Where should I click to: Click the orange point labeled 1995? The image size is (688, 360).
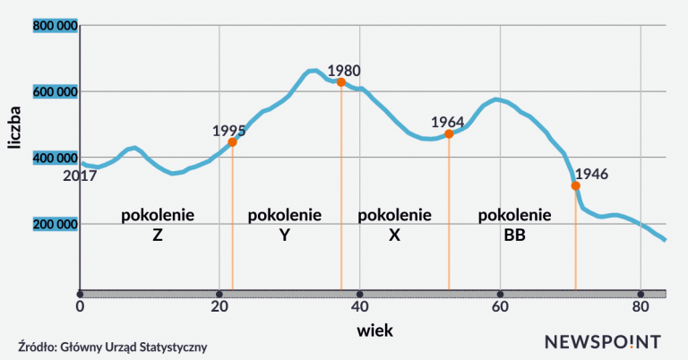232,141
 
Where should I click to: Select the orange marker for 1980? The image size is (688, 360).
340,82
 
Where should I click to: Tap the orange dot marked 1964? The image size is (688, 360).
449,134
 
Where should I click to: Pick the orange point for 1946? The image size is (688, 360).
575,185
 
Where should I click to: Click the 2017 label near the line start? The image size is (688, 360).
79,176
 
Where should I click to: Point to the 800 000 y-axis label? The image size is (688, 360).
56,26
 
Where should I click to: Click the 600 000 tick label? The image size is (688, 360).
56,91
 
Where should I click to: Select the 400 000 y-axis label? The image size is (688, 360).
56,158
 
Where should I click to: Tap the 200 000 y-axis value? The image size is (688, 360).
56,223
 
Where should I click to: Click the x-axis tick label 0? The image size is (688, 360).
80,308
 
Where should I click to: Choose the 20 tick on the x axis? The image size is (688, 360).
219,308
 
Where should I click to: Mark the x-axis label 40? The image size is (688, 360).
359,308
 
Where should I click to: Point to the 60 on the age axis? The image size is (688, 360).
500,308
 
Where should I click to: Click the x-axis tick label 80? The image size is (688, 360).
640,308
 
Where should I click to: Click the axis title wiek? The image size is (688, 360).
374,330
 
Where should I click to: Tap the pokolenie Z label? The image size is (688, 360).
157,225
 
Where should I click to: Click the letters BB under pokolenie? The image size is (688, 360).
514,236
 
